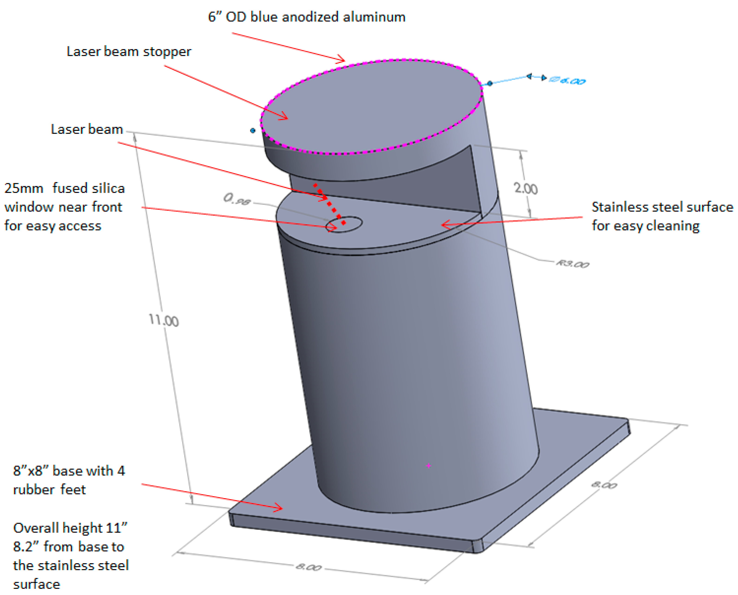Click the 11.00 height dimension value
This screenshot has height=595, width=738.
pyautogui.click(x=164, y=321)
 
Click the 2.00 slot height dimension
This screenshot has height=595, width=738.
pyautogui.click(x=526, y=188)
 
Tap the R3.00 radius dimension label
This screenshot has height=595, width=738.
pyautogui.click(x=573, y=264)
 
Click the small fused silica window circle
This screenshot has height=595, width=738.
pyautogui.click(x=344, y=224)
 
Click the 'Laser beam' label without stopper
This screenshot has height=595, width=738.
pyautogui.click(x=87, y=129)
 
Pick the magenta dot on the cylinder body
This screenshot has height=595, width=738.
pyautogui.click(x=428, y=466)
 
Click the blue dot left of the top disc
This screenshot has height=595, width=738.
pyautogui.click(x=253, y=130)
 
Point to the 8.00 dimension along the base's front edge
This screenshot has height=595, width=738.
pyautogui.click(x=308, y=567)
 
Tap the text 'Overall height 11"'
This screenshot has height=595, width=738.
pyautogui.click(x=70, y=528)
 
